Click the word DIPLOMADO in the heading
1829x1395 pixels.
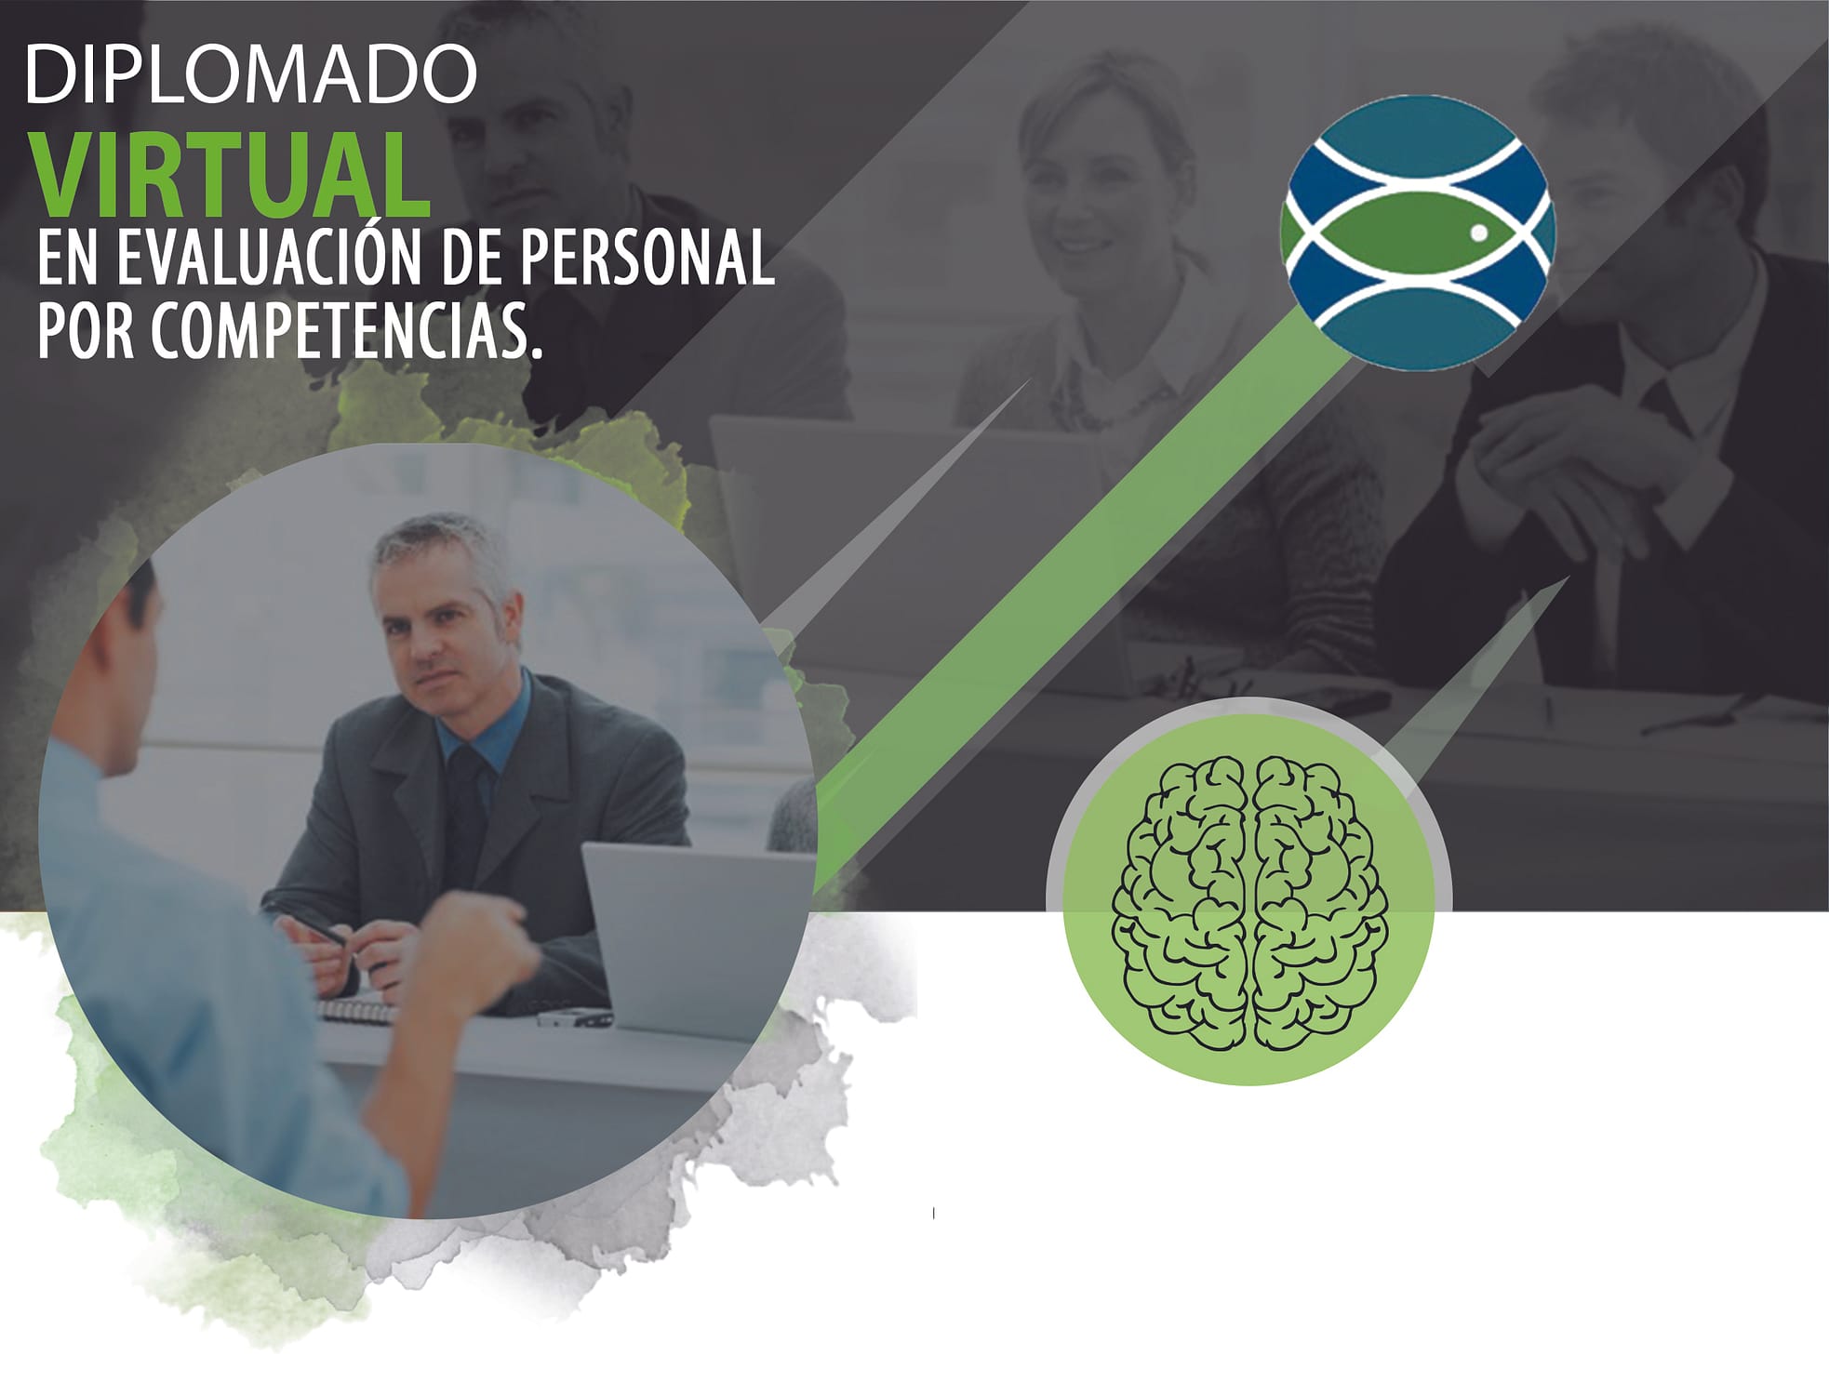click(x=251, y=74)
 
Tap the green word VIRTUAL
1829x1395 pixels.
click(x=233, y=177)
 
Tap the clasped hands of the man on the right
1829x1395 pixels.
click(x=1563, y=474)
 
